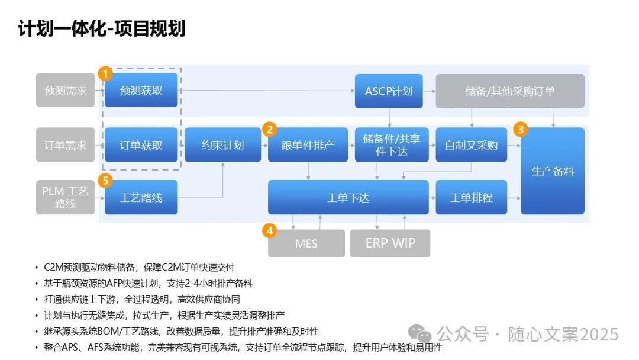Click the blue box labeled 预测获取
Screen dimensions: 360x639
pyautogui.click(x=141, y=91)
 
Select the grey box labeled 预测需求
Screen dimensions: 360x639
pyautogui.click(x=65, y=91)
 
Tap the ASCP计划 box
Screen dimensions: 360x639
pyautogui.click(x=389, y=91)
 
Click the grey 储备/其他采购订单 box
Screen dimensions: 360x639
pyautogui.click(x=509, y=91)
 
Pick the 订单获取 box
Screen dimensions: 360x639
pyautogui.click(x=141, y=144)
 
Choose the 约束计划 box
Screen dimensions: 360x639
pyautogui.click(x=222, y=144)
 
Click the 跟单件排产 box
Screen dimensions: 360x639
pyautogui.click(x=308, y=144)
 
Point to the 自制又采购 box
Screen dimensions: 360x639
pyautogui.click(x=471, y=144)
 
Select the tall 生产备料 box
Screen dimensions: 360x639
pyautogui.click(x=552, y=171)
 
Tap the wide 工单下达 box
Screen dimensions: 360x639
pyautogui.click(x=348, y=197)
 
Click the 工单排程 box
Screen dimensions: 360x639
pyautogui.click(x=471, y=197)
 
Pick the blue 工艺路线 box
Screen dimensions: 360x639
pyautogui.click(x=141, y=197)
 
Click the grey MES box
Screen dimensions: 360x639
pyautogui.click(x=306, y=243)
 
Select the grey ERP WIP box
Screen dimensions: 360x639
pyautogui.click(x=390, y=243)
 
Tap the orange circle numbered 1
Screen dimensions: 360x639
pyautogui.click(x=105, y=74)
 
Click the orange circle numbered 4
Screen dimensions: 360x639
pyautogui.click(x=269, y=230)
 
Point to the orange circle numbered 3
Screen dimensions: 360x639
pyautogui.click(x=521, y=128)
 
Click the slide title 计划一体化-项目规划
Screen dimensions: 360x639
pyautogui.click(x=102, y=28)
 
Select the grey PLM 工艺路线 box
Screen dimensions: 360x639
pyautogui.click(x=65, y=197)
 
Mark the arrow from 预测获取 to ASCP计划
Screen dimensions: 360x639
pyautogui.click(x=266, y=91)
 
